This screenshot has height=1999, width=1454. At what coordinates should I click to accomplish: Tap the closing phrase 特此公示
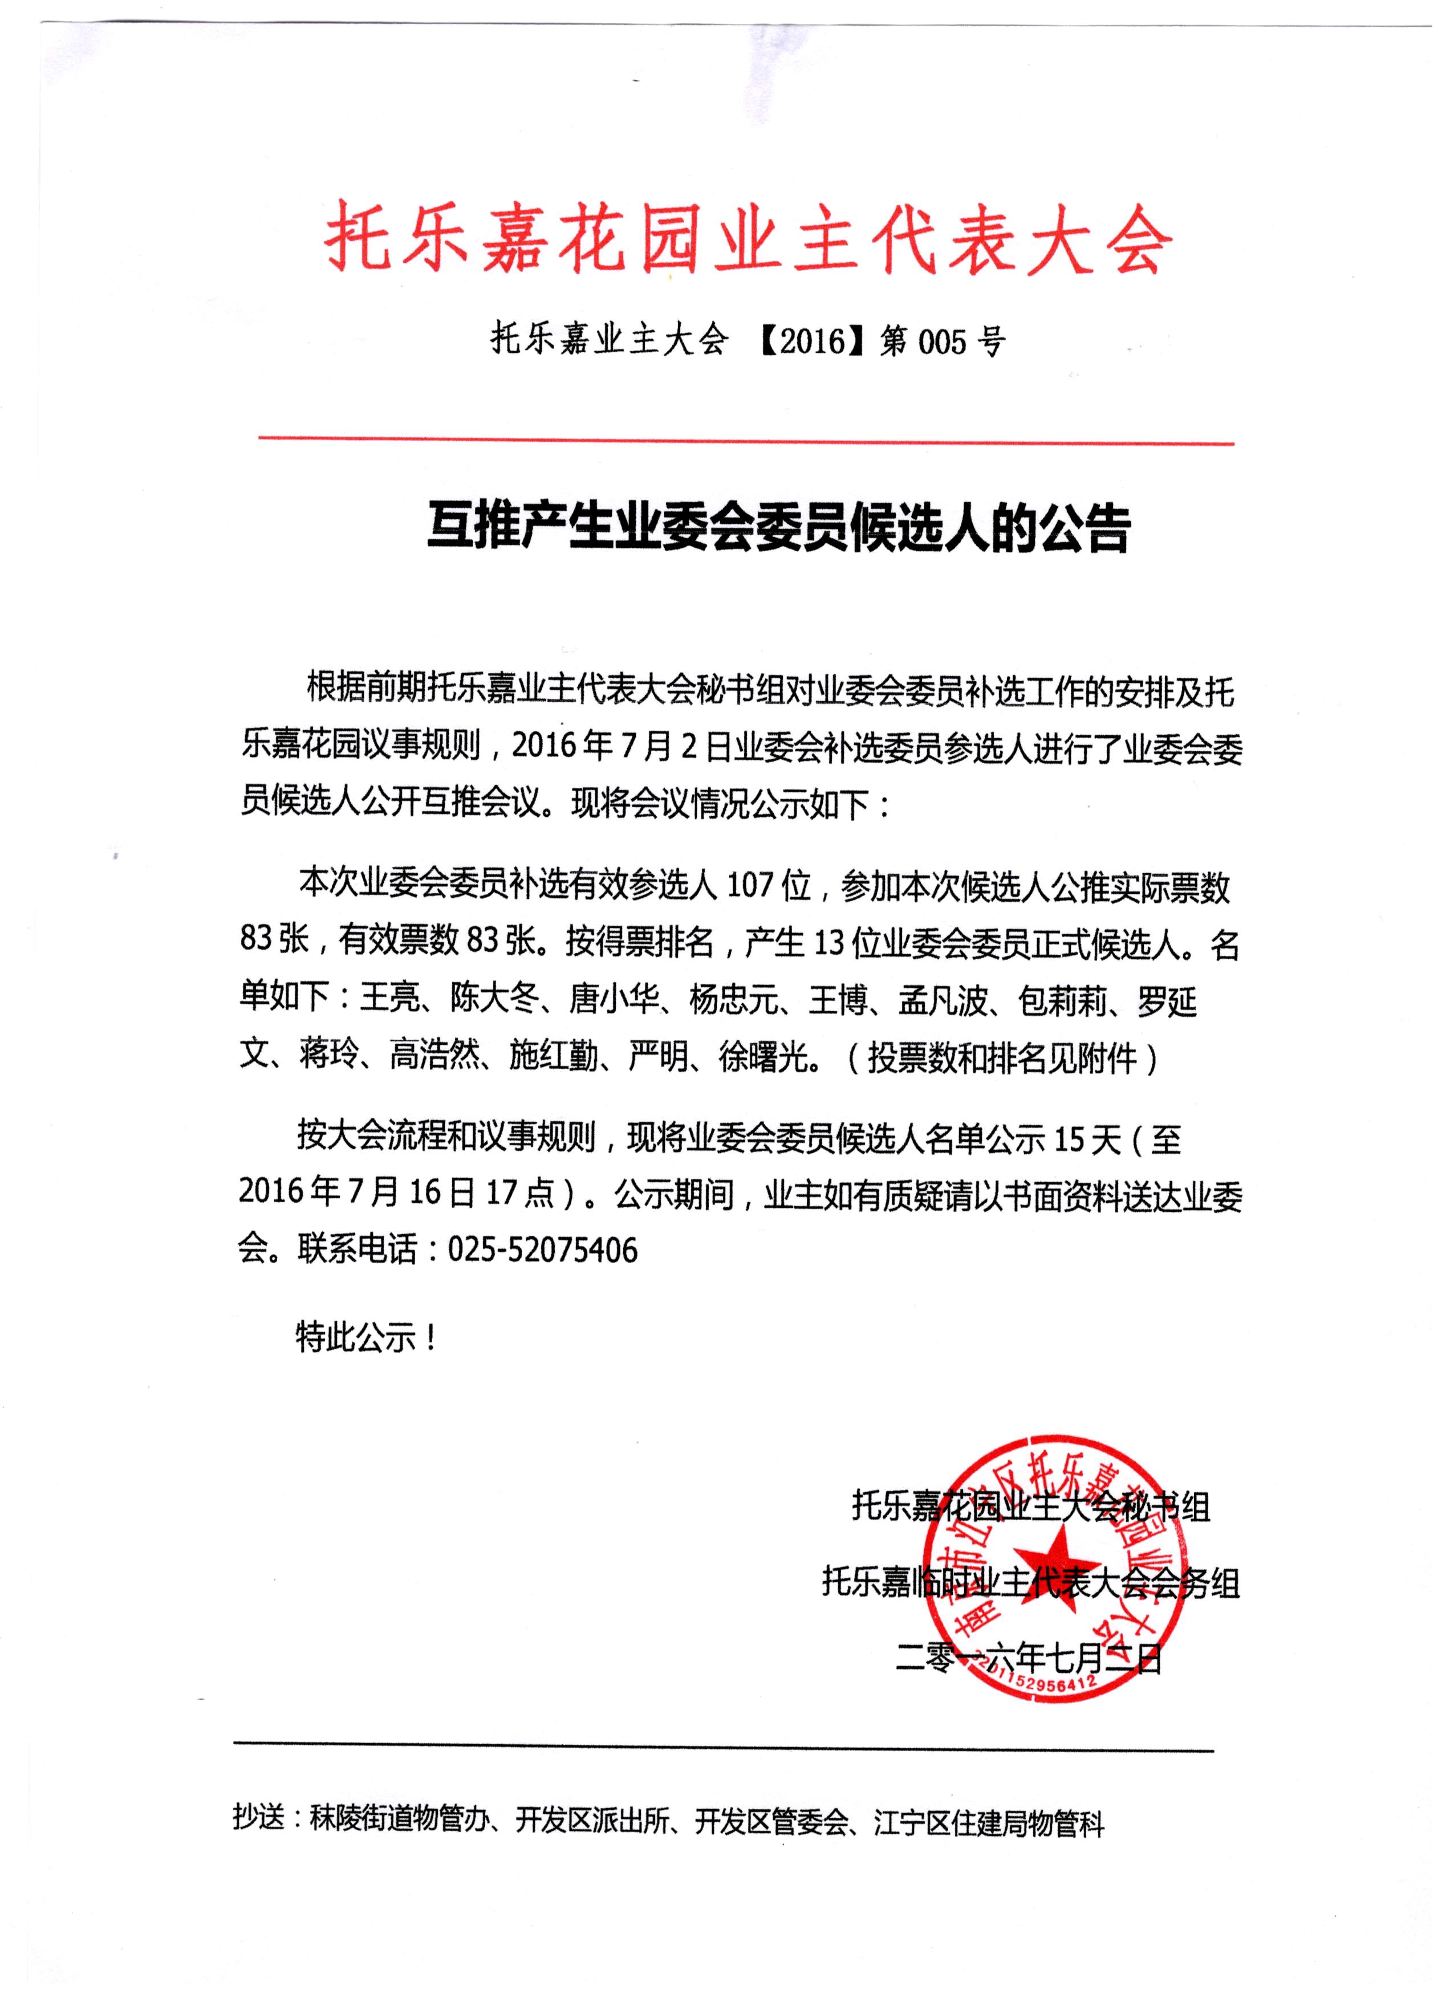(355, 1339)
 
